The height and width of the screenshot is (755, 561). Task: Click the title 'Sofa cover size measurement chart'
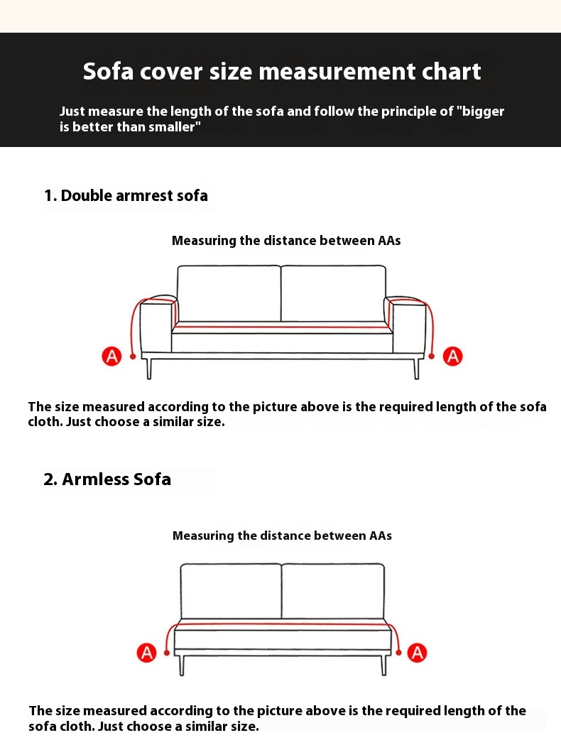point(282,71)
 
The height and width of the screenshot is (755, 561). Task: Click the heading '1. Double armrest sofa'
point(126,195)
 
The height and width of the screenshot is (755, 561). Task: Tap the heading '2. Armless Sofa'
point(107,479)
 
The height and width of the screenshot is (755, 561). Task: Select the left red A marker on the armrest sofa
point(111,356)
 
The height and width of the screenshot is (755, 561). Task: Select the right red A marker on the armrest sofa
point(452,356)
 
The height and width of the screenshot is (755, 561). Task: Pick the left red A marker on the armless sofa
point(147,653)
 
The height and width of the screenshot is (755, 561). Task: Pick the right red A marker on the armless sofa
point(417,653)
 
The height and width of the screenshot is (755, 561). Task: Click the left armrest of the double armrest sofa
point(156,325)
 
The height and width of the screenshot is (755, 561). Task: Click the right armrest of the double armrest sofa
point(408,325)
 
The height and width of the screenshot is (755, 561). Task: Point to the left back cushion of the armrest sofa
point(229,293)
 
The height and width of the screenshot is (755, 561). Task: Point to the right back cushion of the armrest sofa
point(333,293)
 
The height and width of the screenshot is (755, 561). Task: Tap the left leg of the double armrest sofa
point(149,368)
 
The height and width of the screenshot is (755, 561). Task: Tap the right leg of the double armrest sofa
point(416,368)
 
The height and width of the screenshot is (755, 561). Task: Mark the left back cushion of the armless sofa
point(231,592)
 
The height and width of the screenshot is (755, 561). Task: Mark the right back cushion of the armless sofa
point(333,592)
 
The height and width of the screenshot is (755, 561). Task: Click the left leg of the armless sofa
point(182,665)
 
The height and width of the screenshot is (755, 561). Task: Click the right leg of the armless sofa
point(383,665)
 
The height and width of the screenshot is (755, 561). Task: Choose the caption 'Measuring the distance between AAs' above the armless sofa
point(282,536)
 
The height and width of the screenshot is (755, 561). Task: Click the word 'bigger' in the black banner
point(483,112)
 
